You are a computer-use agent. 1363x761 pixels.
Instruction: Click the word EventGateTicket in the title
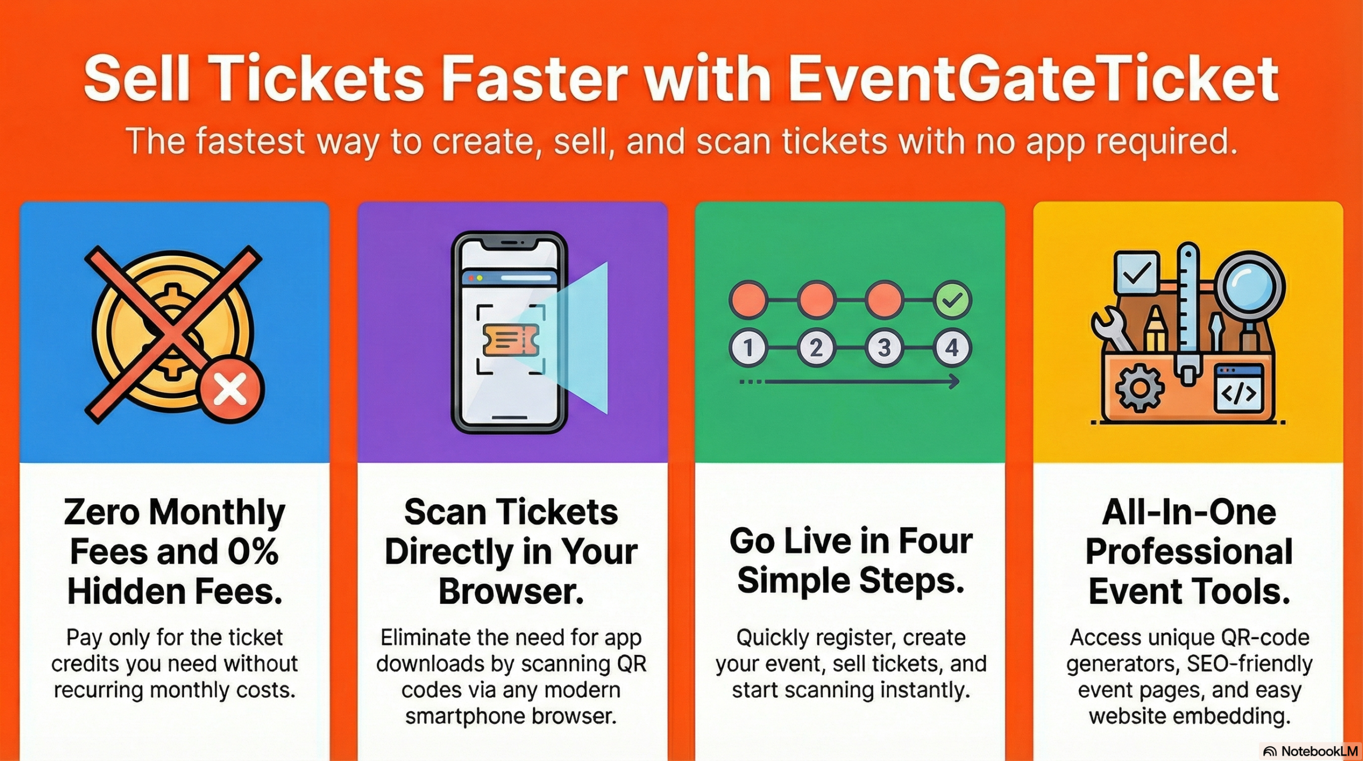click(x=1033, y=79)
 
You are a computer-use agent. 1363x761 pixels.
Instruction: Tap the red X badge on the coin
click(x=231, y=389)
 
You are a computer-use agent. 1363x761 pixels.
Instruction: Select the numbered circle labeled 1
click(x=748, y=348)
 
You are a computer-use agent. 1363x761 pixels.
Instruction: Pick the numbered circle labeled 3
click(x=884, y=348)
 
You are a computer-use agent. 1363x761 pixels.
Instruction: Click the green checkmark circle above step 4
click(x=953, y=300)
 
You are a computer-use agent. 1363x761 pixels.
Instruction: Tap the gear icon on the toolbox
click(x=1139, y=388)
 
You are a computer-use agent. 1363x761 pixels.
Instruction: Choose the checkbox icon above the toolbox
click(x=1137, y=273)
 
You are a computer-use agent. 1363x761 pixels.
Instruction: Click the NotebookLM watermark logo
click(x=1310, y=751)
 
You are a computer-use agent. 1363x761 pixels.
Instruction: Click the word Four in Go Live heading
click(x=935, y=541)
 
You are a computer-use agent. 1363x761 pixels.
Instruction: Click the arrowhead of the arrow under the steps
click(x=954, y=381)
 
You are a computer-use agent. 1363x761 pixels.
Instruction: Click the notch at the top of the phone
click(x=510, y=243)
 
